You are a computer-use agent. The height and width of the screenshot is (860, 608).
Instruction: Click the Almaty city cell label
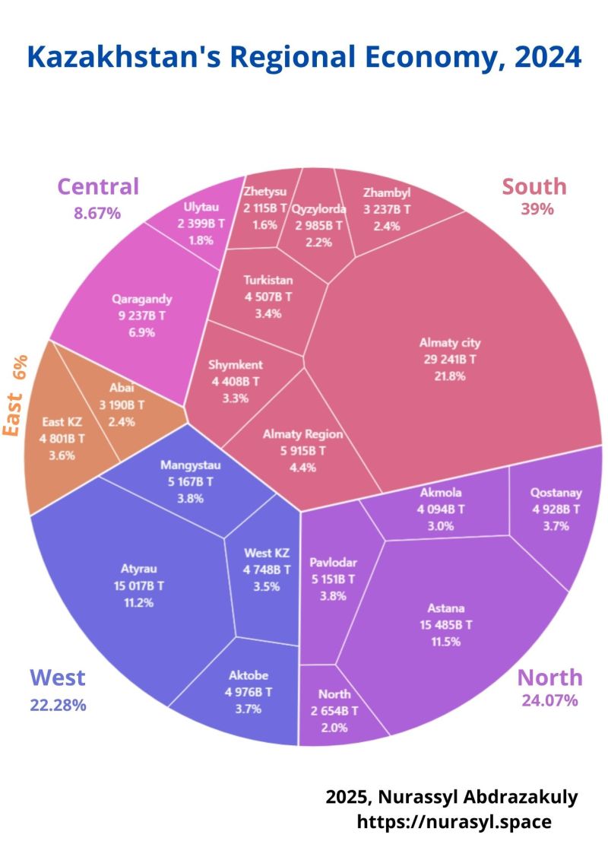coord(451,342)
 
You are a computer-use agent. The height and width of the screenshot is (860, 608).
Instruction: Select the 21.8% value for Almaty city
coord(451,376)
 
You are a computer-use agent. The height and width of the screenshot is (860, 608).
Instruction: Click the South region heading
coord(534,186)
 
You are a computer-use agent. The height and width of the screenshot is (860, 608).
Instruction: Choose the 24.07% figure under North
coord(549,700)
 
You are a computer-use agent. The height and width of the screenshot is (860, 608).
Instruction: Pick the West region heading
coord(58,678)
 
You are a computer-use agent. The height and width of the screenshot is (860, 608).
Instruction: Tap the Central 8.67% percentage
coord(97,214)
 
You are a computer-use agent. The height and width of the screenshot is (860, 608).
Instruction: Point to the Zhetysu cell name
coord(266,191)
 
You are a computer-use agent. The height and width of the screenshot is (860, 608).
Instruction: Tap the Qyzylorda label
coord(319,208)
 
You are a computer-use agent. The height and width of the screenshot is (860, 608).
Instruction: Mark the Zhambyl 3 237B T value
coord(387,208)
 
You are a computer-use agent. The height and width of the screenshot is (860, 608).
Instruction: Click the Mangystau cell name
coord(187,465)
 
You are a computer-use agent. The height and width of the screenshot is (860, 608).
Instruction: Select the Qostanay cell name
coord(556,492)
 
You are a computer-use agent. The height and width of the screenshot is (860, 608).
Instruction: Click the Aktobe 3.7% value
coord(249,709)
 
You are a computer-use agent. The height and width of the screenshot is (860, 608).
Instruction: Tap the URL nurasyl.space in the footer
coord(454,822)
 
